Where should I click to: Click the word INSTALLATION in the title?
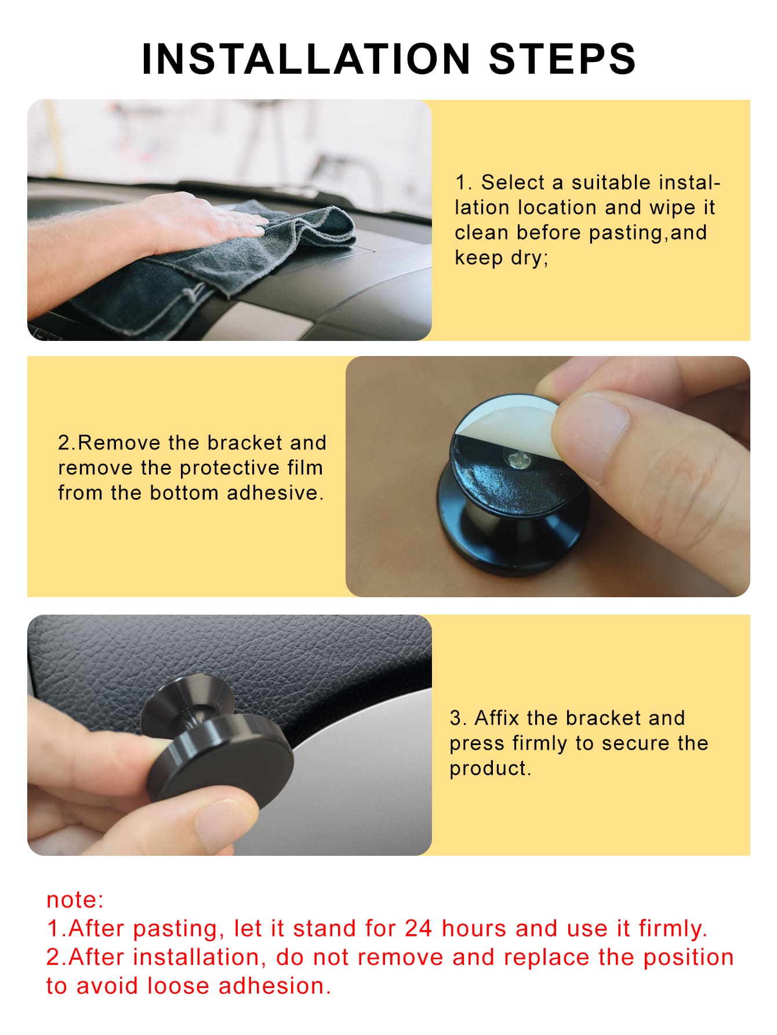point(306,59)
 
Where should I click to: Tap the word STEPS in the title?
point(562,59)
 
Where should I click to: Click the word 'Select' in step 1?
point(513,182)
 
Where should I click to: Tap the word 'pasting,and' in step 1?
point(648,233)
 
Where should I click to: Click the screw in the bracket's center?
point(515,460)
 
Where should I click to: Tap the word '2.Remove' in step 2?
point(109,442)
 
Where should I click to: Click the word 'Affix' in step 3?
point(498,718)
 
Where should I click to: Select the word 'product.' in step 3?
point(490,768)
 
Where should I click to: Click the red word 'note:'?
point(75,900)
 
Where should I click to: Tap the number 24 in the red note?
point(418,928)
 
